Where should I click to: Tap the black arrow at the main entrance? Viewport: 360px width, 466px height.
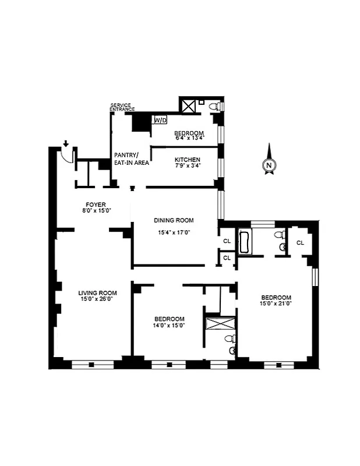point(66,143)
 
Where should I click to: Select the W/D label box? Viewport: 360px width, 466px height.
point(160,120)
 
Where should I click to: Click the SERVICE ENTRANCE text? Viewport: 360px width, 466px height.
point(122,107)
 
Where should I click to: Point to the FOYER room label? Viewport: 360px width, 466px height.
point(94,204)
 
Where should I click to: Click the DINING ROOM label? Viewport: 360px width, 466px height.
point(174,220)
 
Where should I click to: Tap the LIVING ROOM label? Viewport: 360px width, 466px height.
point(98,293)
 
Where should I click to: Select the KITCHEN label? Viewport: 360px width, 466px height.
point(188,160)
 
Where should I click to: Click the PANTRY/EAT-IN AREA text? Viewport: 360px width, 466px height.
point(130,158)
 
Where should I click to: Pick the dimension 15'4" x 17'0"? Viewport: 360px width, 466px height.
point(174,232)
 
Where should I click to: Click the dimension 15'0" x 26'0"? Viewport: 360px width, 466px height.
point(98,299)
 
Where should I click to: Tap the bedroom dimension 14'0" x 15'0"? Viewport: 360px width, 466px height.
point(170,326)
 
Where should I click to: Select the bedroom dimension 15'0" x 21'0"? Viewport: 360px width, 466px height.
point(276,303)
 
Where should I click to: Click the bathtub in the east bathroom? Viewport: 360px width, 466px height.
point(243,242)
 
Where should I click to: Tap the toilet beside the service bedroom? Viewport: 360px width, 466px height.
point(217,107)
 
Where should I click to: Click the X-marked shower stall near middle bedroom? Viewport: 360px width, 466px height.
point(220,324)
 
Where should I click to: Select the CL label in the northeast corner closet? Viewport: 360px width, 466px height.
point(301,243)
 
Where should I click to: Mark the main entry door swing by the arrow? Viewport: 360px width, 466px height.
point(68,154)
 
